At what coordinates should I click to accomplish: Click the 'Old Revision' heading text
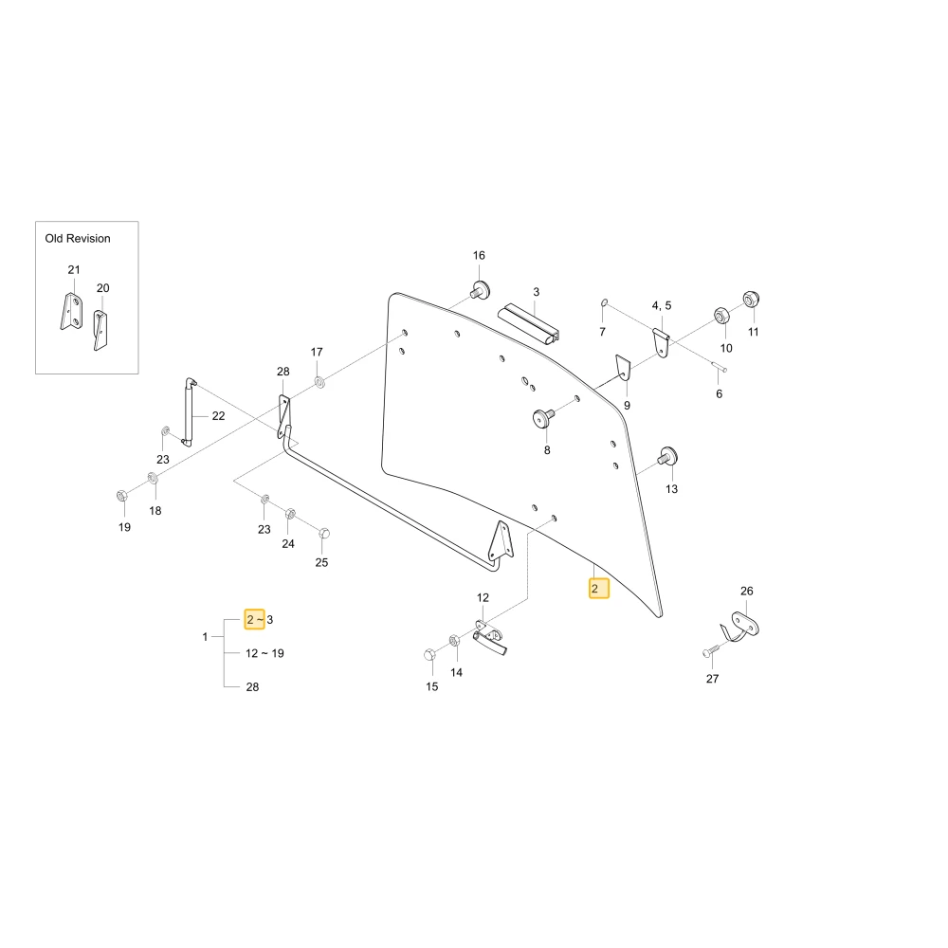(x=78, y=238)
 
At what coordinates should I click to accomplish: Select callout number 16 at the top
(x=479, y=255)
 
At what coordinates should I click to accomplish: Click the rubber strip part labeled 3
(x=528, y=324)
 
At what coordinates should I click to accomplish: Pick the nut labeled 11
(x=751, y=300)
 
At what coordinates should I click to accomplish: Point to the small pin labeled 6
(x=719, y=366)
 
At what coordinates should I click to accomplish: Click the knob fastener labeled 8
(x=542, y=417)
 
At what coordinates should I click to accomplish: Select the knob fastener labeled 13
(x=667, y=457)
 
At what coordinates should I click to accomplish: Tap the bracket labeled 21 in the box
(x=72, y=311)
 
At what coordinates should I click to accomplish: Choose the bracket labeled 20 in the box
(x=100, y=330)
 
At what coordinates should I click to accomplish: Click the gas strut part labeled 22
(x=188, y=412)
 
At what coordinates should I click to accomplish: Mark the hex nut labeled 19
(x=121, y=496)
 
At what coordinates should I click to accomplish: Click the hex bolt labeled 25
(x=323, y=533)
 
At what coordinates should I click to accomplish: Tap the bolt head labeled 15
(x=429, y=654)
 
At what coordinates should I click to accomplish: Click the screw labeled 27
(x=710, y=651)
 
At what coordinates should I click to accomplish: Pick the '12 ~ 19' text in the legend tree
(x=264, y=653)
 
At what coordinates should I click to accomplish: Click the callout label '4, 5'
(x=662, y=305)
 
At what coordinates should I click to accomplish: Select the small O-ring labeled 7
(x=604, y=302)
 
